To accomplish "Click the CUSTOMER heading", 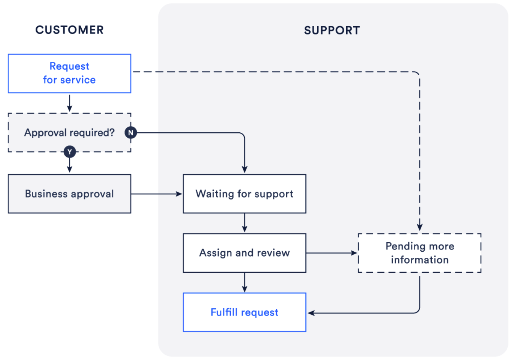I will click(x=69, y=30).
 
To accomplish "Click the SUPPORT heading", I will click(x=332, y=31).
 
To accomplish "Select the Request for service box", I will click(x=69, y=73).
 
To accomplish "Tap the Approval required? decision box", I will click(x=69, y=132).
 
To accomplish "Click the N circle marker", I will click(x=131, y=133).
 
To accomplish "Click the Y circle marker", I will click(x=69, y=152).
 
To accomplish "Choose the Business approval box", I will click(x=69, y=194).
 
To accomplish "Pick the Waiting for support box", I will click(x=244, y=194).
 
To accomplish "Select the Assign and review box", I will click(x=244, y=253).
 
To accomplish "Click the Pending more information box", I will click(x=419, y=253).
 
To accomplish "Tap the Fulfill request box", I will click(x=244, y=312).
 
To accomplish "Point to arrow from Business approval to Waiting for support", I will click(x=156, y=194).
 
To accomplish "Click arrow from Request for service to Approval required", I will click(x=69, y=103).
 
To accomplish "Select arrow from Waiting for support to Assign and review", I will click(x=245, y=223).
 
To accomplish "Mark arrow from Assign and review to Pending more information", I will click(x=331, y=253).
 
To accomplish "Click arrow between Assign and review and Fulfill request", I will click(x=245, y=283).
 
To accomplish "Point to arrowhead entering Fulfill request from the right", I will click(x=311, y=313).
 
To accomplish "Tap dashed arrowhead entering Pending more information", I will click(x=419, y=228).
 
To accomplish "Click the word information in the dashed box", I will click(x=419, y=260).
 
